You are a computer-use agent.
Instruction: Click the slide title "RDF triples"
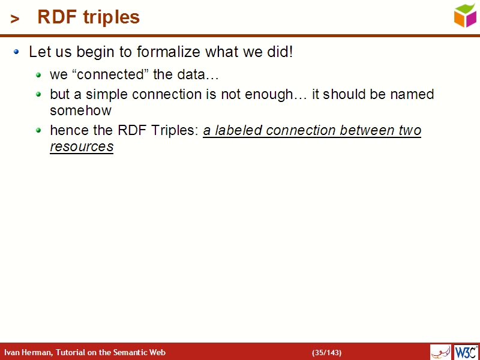click(x=88, y=17)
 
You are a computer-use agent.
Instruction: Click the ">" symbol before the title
click(x=15, y=19)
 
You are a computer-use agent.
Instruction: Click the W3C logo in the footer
click(x=466, y=352)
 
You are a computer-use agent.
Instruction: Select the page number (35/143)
click(x=326, y=352)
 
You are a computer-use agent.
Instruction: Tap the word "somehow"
click(x=80, y=111)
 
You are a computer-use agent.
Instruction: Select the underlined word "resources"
click(x=82, y=147)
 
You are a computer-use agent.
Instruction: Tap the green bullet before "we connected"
click(x=38, y=76)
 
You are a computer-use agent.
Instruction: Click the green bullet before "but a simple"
click(x=38, y=95)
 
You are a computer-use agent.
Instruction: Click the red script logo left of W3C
click(x=440, y=352)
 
